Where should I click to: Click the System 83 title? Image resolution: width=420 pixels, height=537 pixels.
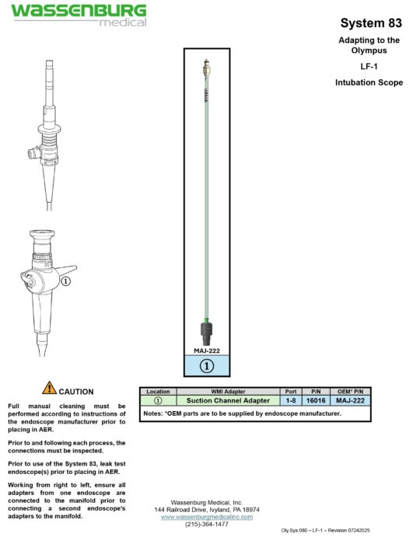coord(369,23)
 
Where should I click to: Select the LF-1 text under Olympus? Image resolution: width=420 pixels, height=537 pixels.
coord(369,67)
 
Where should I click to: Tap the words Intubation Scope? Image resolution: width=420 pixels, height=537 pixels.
coord(369,82)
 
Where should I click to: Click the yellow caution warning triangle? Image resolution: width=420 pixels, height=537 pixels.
coord(49,388)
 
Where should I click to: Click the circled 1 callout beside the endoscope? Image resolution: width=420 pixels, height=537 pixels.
coord(66,281)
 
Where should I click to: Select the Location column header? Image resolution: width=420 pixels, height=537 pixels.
coord(158,392)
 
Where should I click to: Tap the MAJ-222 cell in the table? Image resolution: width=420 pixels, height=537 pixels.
coord(349,400)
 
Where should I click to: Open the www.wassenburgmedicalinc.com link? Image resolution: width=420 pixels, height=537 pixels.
coord(207,517)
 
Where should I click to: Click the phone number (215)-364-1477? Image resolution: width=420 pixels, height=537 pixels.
coord(207,525)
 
